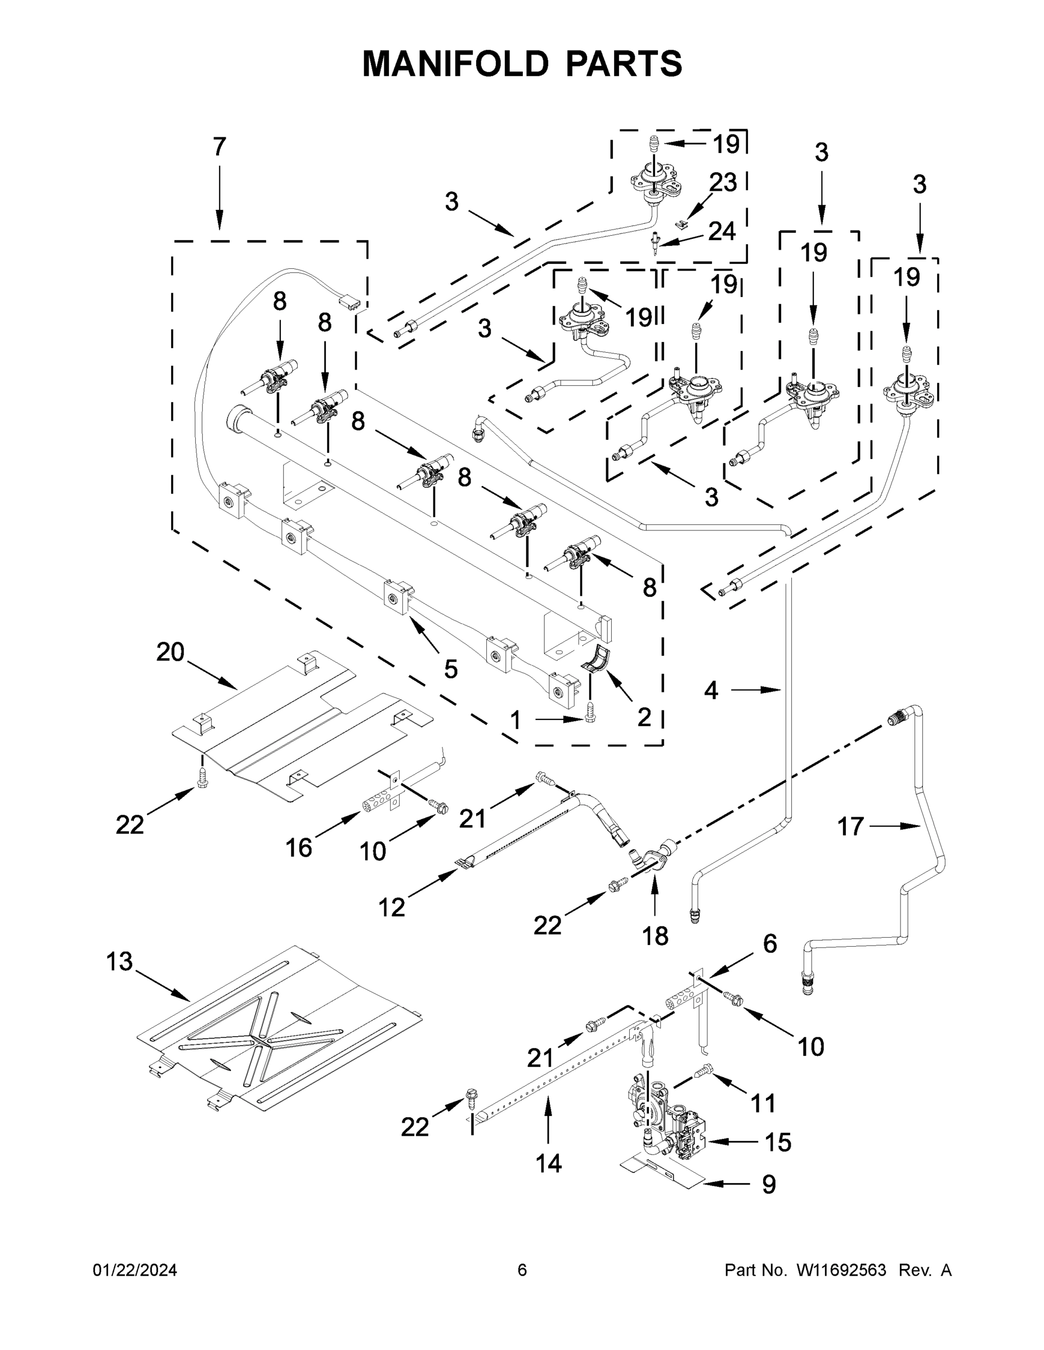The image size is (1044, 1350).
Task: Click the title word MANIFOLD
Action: coord(455,64)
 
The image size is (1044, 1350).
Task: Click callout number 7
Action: coord(219,147)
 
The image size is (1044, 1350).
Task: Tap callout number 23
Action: coord(723,182)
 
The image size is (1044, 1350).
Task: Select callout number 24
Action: coord(722,231)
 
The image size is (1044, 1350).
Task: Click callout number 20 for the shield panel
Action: coord(170,652)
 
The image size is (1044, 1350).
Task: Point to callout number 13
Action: coord(119,962)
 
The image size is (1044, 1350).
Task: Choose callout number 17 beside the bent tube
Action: coord(850,826)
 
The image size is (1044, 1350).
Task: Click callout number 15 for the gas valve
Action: coord(778,1142)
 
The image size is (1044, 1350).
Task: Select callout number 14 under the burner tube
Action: coord(549,1164)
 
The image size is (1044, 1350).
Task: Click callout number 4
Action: coord(711,690)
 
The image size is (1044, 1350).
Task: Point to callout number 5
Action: coord(451,669)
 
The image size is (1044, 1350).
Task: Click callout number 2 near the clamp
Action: coord(644,717)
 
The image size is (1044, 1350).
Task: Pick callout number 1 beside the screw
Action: coord(515,720)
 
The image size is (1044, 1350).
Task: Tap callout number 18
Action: coord(656,937)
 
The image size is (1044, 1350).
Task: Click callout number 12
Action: coord(392,907)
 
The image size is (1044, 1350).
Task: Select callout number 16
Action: coord(299,848)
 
